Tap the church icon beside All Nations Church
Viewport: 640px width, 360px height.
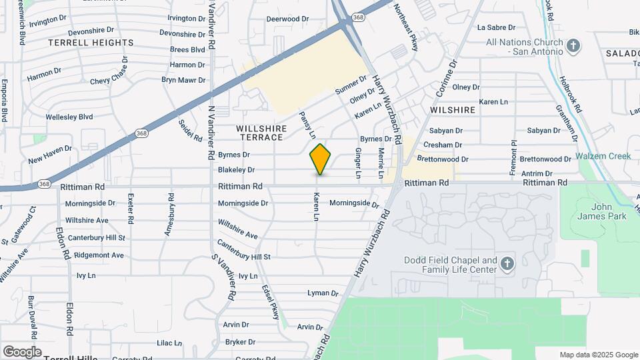pyautogui.click(x=573, y=46)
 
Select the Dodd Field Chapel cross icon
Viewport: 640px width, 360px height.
pyautogui.click(x=507, y=264)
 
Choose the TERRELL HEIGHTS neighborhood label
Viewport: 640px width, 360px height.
pyautogui.click(x=91, y=43)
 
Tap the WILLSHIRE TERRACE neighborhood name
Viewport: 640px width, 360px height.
pyautogui.click(x=261, y=133)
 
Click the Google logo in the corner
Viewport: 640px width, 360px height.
pyautogui.click(x=22, y=352)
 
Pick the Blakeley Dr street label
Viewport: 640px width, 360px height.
pyautogui.click(x=236, y=171)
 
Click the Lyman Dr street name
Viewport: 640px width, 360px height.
pyautogui.click(x=323, y=293)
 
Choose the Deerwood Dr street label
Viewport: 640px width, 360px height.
pyautogui.click(x=283, y=19)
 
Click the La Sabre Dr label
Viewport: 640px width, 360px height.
pyautogui.click(x=497, y=27)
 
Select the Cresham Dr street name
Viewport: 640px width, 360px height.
pyautogui.click(x=443, y=145)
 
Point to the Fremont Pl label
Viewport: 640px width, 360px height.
pyautogui.click(x=513, y=157)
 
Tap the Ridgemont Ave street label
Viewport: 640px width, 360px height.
pyautogui.click(x=99, y=255)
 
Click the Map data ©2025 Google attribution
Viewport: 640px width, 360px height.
pyautogui.click(x=598, y=355)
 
